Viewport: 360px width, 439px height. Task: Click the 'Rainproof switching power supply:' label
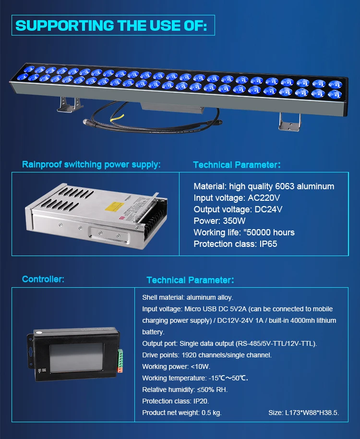[x=91, y=165]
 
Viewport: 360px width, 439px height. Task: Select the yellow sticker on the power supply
[x=120, y=206]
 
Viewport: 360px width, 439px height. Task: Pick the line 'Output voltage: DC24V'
[x=238, y=209]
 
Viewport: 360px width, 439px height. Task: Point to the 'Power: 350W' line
[x=219, y=221]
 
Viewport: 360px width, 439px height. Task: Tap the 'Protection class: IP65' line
[x=235, y=244]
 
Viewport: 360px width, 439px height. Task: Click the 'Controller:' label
[x=43, y=279]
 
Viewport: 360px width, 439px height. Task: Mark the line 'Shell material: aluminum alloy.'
[x=188, y=298]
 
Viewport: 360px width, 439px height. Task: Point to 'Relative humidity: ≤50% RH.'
[x=185, y=390]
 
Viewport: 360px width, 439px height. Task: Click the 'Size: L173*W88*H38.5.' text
[x=303, y=413]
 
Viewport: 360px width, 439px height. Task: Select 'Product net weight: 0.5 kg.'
[x=182, y=413]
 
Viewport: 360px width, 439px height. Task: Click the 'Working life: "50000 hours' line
[x=244, y=232]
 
